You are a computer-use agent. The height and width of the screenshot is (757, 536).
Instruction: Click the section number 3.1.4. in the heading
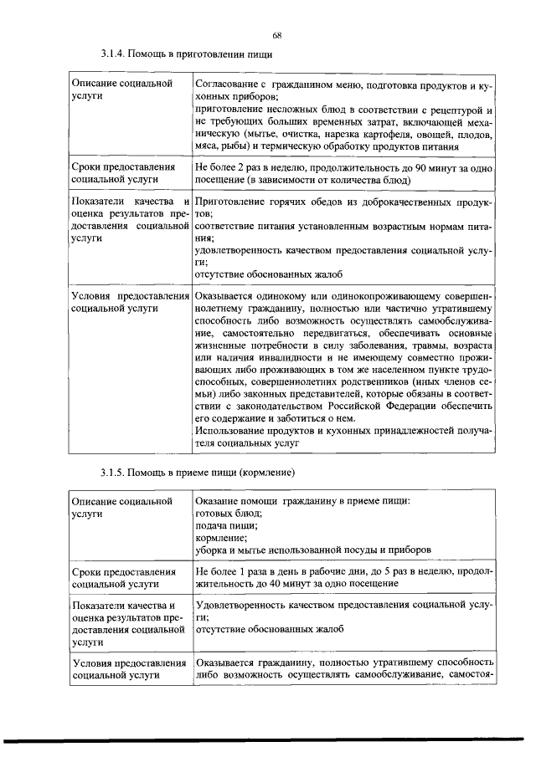click(113, 55)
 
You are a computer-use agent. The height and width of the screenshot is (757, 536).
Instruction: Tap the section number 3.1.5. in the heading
click(113, 474)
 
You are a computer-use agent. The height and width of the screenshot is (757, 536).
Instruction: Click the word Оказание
click(215, 501)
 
